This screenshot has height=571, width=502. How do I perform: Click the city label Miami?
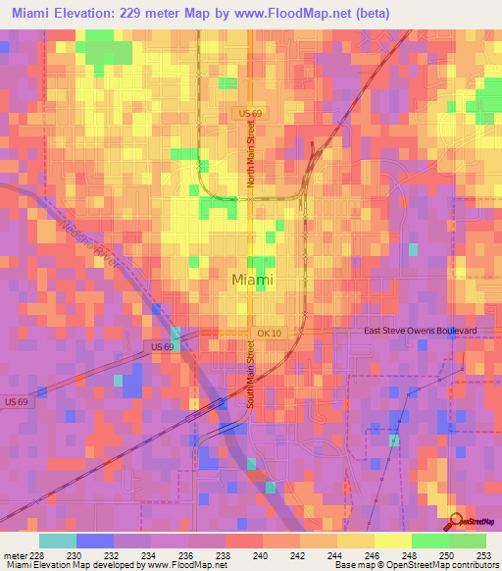pyautogui.click(x=253, y=280)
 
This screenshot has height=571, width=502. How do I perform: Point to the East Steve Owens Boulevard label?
pyautogui.click(x=420, y=332)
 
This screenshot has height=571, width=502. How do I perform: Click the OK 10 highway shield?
pyautogui.click(x=269, y=334)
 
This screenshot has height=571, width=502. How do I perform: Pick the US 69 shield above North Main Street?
pyautogui.click(x=251, y=115)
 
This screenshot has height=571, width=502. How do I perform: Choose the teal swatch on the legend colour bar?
pyautogui.click(x=57, y=541)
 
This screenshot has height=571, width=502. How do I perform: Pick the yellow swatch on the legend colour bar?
pyautogui.click(x=392, y=541)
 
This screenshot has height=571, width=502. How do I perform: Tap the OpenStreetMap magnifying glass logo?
pyautogui.click(x=457, y=520)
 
